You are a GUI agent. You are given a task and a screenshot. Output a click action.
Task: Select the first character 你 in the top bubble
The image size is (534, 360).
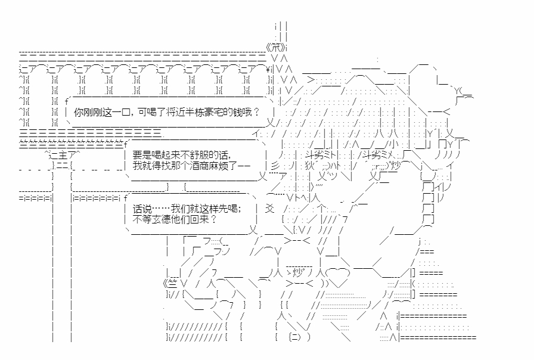[79, 112]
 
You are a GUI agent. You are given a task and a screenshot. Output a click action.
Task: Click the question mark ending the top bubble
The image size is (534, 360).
[257, 112]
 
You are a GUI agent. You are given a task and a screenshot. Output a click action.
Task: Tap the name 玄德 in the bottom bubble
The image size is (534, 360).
[162, 219]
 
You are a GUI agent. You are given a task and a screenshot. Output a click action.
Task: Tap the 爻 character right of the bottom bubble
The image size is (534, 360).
[270, 209]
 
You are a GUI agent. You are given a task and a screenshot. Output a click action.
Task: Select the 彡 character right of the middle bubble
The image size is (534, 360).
[275, 166]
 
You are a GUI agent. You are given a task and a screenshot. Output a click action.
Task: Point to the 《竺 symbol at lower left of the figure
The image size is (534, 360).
[170, 283]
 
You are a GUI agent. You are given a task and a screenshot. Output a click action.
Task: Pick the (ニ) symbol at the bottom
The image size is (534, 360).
[294, 337]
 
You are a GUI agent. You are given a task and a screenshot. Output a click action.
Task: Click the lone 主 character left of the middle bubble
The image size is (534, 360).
[63, 156]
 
